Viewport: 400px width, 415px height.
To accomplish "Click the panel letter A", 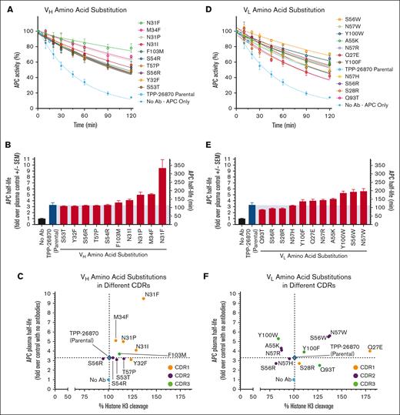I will pos(6,6).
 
